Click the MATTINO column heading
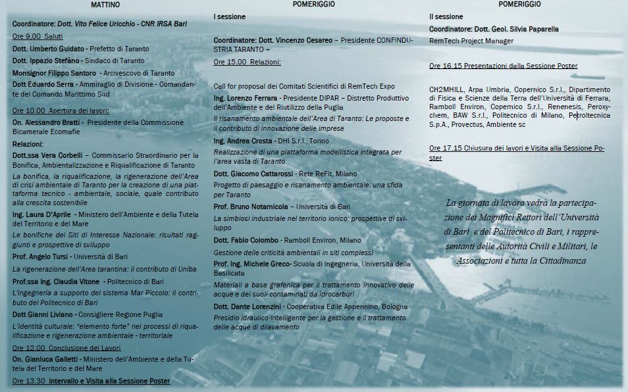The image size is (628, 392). tap(105, 5)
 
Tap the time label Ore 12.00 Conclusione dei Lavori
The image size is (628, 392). tap(66, 347)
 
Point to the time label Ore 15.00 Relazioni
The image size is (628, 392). tap(247, 62)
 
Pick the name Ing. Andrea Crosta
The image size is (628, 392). tap(242, 141)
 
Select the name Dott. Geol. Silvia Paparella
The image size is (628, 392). tap(516, 29)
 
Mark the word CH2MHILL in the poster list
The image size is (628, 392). tap(447, 89)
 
